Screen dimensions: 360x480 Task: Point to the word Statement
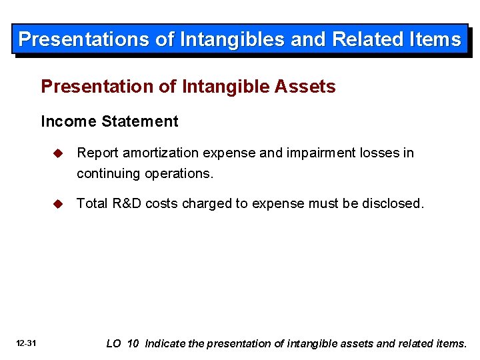pos(139,121)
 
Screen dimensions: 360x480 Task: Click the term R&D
pos(126,203)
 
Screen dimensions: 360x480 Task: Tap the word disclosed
pos(393,203)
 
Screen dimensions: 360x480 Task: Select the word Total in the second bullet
pos(91,203)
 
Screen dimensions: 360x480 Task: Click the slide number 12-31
pos(26,343)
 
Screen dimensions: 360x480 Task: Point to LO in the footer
pos(114,343)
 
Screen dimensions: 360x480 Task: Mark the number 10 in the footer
pos(133,343)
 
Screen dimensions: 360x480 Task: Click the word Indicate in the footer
pos(165,343)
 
